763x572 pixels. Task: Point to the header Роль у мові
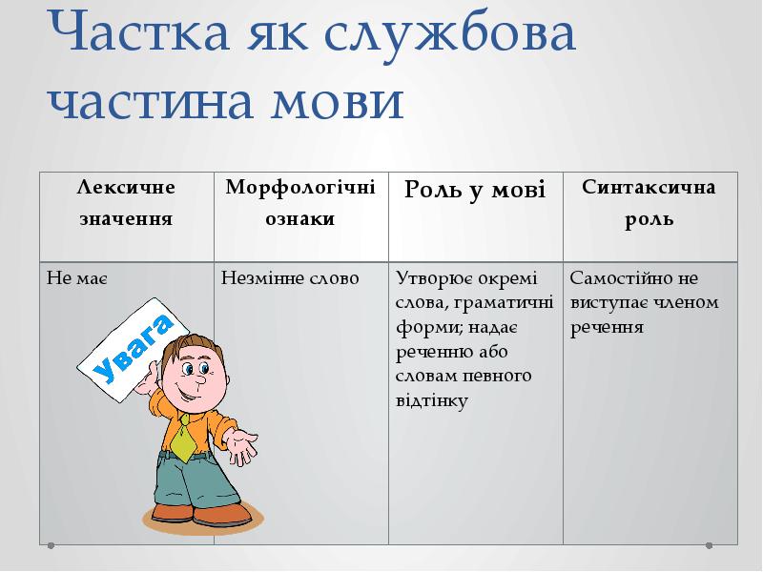tap(475, 190)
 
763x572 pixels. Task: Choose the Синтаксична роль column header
tap(650, 202)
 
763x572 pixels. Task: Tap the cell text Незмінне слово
tap(290, 279)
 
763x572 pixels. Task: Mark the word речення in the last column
tap(608, 328)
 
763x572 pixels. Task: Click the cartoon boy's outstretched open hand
tap(242, 444)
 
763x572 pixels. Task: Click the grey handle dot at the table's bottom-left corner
tap(52, 546)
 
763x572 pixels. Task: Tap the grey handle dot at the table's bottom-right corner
tap(709, 546)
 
